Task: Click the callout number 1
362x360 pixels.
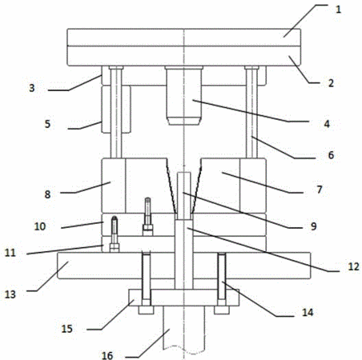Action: (x=338, y=10)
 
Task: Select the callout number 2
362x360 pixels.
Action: (x=331, y=83)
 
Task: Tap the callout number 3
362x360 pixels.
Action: (x=32, y=88)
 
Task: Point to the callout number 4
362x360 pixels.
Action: (x=327, y=124)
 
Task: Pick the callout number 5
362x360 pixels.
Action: (x=47, y=124)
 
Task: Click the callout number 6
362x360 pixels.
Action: (x=331, y=155)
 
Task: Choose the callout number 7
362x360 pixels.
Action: (x=320, y=190)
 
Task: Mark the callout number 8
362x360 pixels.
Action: (x=47, y=194)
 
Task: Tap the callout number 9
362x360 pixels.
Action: (x=314, y=226)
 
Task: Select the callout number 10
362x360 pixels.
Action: (x=40, y=226)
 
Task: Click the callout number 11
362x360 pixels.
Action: (x=10, y=253)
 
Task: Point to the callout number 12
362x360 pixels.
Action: (x=354, y=266)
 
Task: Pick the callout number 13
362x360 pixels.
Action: (x=10, y=294)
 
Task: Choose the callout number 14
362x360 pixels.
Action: (x=308, y=312)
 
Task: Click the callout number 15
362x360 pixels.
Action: (x=67, y=329)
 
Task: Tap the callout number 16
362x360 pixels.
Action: (x=107, y=355)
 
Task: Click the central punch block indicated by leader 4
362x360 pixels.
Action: (x=184, y=95)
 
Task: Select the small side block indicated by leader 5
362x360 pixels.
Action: (x=116, y=109)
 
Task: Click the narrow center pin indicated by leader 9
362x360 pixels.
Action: (x=184, y=196)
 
